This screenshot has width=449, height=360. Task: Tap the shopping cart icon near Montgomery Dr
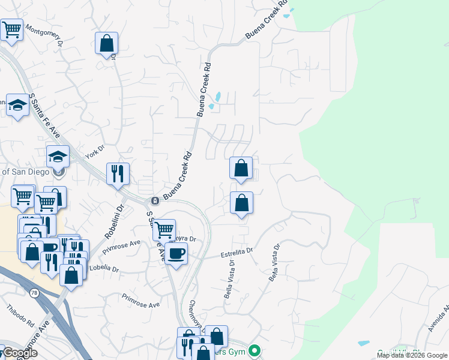tap(12, 29)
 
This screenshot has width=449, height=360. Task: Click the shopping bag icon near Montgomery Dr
tap(106, 43)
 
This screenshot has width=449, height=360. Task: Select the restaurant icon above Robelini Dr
tap(118, 173)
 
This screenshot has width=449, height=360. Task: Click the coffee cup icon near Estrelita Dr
tap(176, 253)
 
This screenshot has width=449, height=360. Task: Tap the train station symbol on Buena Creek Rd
tap(154, 200)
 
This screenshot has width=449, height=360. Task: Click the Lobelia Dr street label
tap(104, 268)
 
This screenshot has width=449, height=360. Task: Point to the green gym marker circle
tap(255, 350)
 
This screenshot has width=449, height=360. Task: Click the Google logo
tap(20, 353)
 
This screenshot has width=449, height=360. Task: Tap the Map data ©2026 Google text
tap(412, 355)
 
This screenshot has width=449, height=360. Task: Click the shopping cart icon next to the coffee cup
tap(164, 229)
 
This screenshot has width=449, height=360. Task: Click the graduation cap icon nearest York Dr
tap(58, 157)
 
